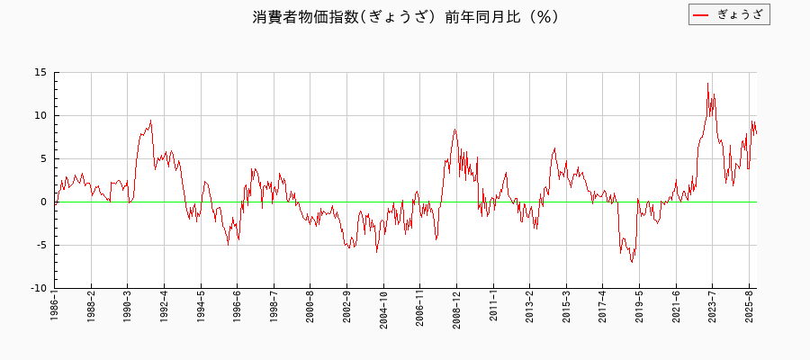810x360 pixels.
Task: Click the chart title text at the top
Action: pyautogui.click(x=405, y=16)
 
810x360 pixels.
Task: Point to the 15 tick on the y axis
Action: pyautogui.click(x=41, y=73)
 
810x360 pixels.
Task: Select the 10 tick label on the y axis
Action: pyautogui.click(x=41, y=116)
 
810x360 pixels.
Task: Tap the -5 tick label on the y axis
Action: pyautogui.click(x=41, y=246)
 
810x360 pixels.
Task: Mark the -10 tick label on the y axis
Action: pyautogui.click(x=39, y=289)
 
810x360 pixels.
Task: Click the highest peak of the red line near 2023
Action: pyautogui.click(x=707, y=84)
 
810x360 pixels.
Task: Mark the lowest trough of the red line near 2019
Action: pyautogui.click(x=632, y=262)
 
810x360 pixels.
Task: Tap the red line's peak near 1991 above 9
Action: pyautogui.click(x=150, y=121)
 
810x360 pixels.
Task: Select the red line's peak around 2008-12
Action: pyautogui.click(x=454, y=130)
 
